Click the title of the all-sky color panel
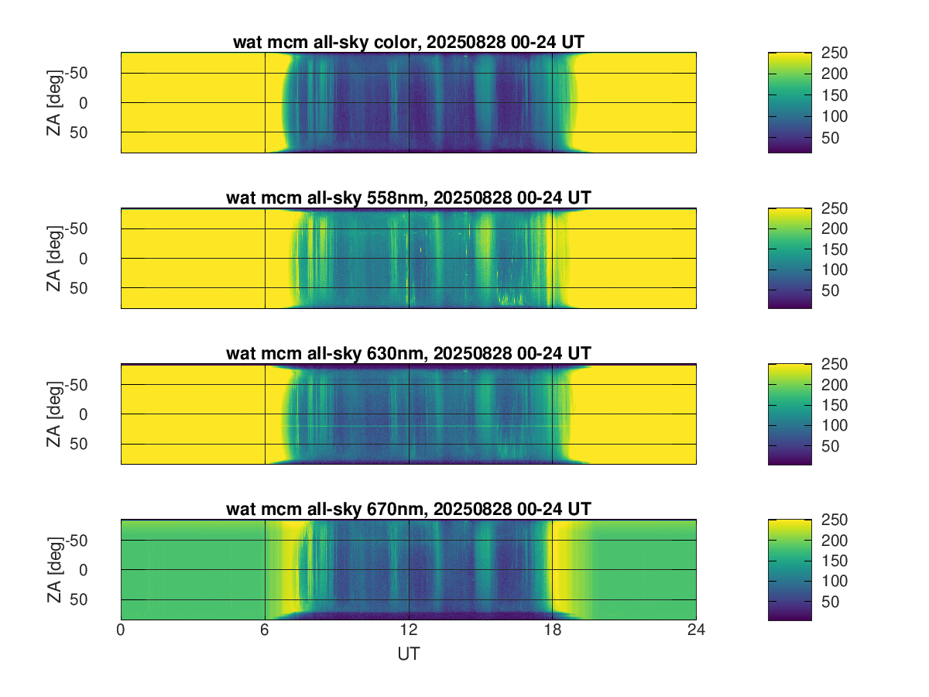[x=408, y=43]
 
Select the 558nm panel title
[x=408, y=197]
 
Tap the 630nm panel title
[x=408, y=353]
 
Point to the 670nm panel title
[x=408, y=509]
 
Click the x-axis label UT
[x=408, y=654]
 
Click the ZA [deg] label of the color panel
[x=53, y=102]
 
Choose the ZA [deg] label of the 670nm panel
[x=53, y=569]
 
